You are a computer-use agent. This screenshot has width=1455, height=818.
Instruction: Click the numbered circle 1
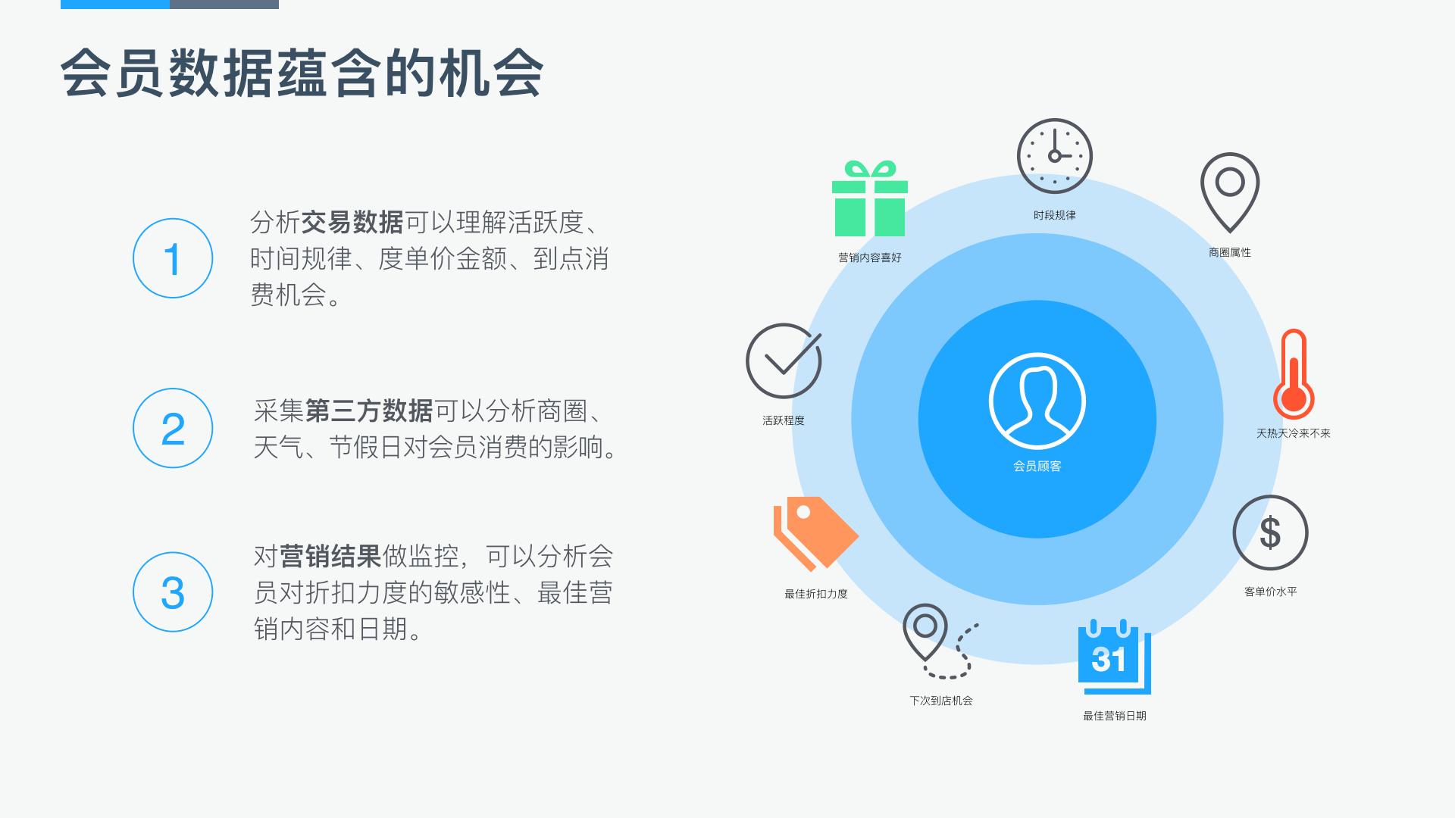pyautogui.click(x=173, y=258)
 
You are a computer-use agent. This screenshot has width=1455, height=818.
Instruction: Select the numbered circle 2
pyautogui.click(x=173, y=428)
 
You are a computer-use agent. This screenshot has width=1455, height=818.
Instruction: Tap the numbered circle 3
pyautogui.click(x=173, y=592)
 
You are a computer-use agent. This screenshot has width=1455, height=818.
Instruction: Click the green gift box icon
pyautogui.click(x=869, y=199)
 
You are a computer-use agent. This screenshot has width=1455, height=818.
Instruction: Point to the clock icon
pyautogui.click(x=1054, y=156)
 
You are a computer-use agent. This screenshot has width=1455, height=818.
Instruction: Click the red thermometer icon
pyautogui.click(x=1293, y=375)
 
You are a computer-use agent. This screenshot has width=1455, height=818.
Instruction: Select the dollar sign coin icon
pyautogui.click(x=1270, y=532)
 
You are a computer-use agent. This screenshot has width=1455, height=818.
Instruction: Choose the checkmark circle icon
pyautogui.click(x=784, y=361)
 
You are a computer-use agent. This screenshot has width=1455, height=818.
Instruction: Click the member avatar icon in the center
pyautogui.click(x=1037, y=401)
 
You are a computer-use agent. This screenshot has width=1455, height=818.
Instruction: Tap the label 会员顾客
pyautogui.click(x=1037, y=466)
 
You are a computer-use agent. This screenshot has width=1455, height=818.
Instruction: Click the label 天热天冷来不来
pyautogui.click(x=1293, y=433)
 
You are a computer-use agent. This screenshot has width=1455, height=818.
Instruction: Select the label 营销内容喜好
pyautogui.click(x=869, y=258)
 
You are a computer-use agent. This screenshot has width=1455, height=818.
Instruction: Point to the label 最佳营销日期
pyautogui.click(x=1114, y=716)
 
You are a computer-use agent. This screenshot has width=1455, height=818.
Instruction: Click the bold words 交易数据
pyautogui.click(x=352, y=223)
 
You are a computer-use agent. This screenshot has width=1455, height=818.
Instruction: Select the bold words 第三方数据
pyautogui.click(x=369, y=411)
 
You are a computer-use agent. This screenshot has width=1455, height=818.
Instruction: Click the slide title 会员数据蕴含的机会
pyautogui.click(x=302, y=74)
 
